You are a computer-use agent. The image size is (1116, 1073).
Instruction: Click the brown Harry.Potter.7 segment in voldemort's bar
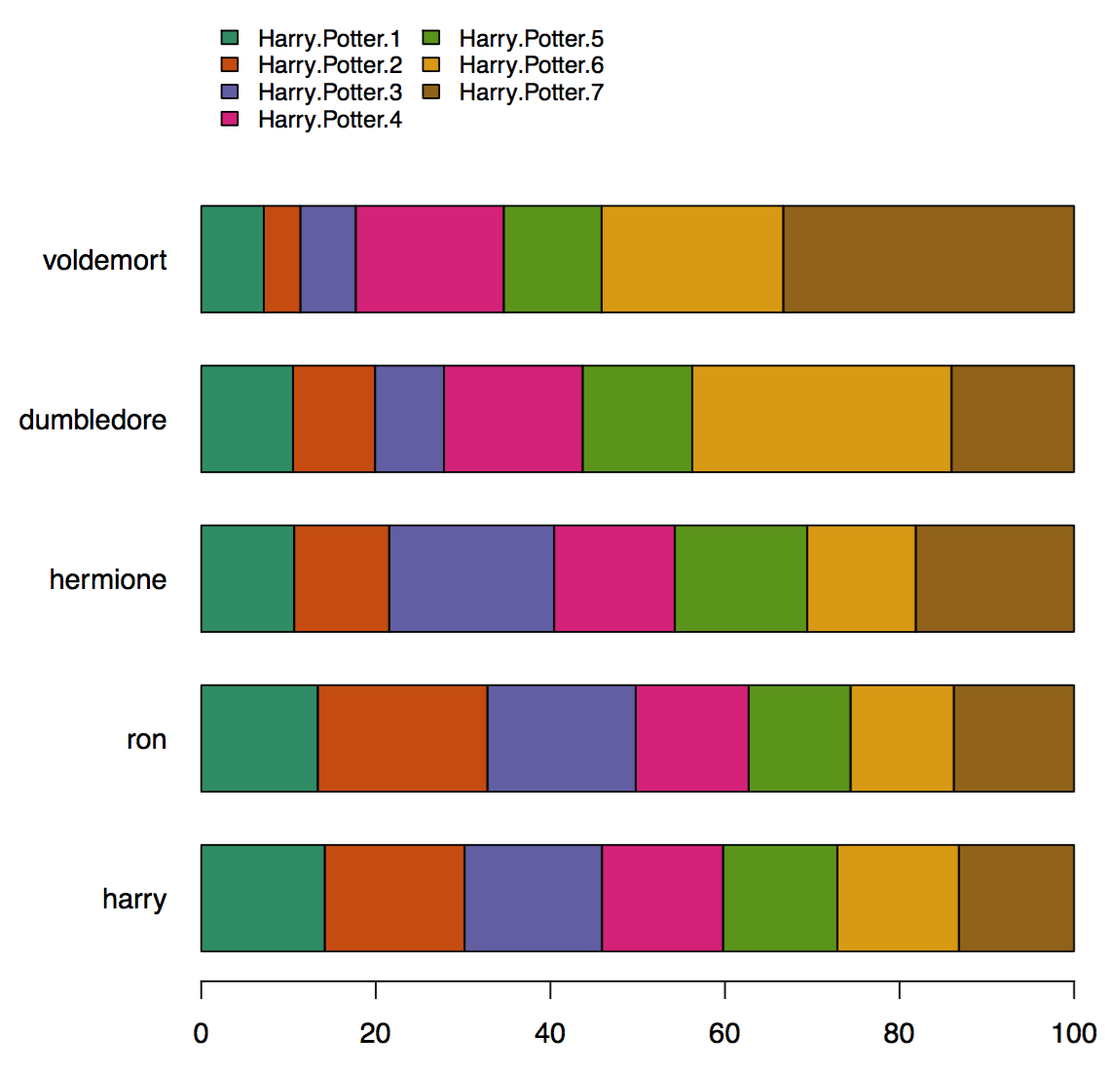click(x=928, y=259)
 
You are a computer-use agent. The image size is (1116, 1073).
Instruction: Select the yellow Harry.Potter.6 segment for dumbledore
click(x=821, y=419)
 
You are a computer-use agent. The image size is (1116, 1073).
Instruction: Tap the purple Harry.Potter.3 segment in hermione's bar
click(x=471, y=578)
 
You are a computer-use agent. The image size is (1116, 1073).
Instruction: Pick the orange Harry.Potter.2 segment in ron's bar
click(x=402, y=738)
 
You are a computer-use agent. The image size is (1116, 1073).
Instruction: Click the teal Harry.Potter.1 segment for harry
click(x=263, y=898)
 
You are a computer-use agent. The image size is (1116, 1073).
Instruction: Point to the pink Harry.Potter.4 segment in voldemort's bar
click(x=429, y=259)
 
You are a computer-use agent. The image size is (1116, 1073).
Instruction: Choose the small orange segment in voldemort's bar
click(x=281, y=259)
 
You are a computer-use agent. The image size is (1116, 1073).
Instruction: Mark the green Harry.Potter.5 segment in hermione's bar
click(x=740, y=578)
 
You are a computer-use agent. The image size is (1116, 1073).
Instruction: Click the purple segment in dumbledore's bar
click(x=409, y=419)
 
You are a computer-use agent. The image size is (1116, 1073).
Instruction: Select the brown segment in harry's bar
click(x=1016, y=898)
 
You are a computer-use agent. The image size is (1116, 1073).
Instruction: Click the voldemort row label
click(x=105, y=261)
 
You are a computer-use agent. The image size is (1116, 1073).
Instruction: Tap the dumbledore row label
click(x=93, y=421)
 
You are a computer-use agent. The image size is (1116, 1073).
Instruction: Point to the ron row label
click(x=146, y=740)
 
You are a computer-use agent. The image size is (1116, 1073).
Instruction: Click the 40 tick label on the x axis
click(x=550, y=1034)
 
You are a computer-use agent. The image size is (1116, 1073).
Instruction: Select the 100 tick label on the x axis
click(x=1073, y=1034)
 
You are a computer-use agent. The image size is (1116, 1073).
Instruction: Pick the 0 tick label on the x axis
click(x=201, y=1034)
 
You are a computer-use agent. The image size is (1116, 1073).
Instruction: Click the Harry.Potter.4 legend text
click(x=329, y=120)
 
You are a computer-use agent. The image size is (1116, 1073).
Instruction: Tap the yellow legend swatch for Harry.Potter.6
click(x=431, y=65)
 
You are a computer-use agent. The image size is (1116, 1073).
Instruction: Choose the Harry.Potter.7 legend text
click(x=531, y=92)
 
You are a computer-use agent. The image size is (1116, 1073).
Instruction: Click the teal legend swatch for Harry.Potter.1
click(x=231, y=38)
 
